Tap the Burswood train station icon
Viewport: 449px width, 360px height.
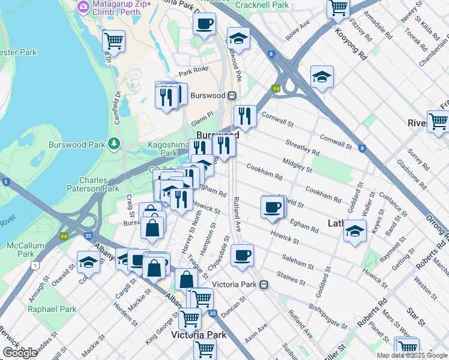(231, 95)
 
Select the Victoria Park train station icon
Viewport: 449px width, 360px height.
(264, 285)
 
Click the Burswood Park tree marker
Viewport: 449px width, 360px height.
(113, 144)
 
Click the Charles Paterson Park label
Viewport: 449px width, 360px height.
(103, 184)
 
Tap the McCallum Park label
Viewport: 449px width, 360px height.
(21, 250)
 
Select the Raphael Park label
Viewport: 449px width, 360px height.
(52, 309)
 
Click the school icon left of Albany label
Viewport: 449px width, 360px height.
(88, 261)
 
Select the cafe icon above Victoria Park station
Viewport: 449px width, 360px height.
(242, 255)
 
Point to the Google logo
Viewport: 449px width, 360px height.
(20, 353)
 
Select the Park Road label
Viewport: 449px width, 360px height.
(192, 71)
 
